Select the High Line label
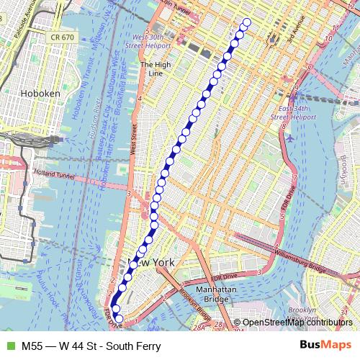(155, 68)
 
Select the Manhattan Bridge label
(215, 294)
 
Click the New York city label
(150, 263)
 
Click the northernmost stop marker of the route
(248, 22)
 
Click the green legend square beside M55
(9, 346)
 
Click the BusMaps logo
(325, 346)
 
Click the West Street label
(134, 140)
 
